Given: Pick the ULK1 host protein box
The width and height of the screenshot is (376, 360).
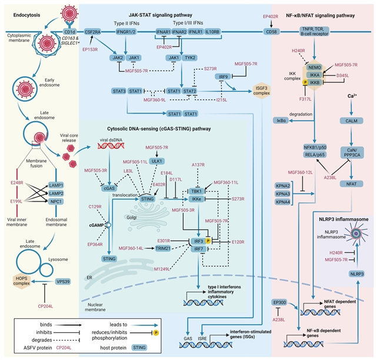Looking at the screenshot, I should click(x=157, y=161).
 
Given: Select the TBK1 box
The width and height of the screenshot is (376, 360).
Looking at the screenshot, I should click(x=195, y=191).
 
